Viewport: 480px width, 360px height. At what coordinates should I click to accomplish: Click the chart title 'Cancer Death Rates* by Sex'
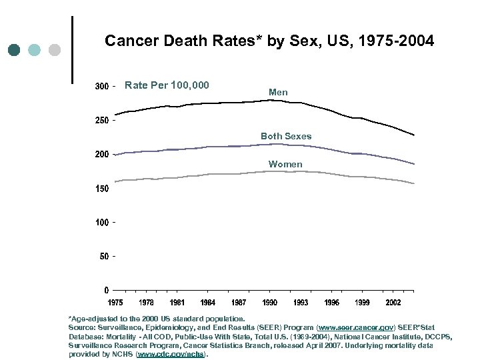[269, 41]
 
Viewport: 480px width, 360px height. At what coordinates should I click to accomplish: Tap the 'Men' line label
[278, 92]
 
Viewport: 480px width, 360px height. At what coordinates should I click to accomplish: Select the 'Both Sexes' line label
[286, 136]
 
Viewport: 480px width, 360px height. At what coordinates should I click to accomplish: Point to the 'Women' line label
[285, 164]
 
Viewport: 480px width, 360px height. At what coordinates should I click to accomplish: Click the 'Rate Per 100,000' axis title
[167, 85]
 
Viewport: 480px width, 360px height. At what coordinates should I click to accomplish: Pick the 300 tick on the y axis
[101, 87]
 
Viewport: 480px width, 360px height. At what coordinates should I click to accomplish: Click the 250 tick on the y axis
[101, 121]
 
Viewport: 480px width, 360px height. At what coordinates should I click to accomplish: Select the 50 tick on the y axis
[103, 256]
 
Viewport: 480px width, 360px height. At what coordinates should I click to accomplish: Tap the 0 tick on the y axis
[107, 290]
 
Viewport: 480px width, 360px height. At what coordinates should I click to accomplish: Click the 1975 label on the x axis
[115, 303]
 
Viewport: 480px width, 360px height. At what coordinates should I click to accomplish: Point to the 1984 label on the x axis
[208, 303]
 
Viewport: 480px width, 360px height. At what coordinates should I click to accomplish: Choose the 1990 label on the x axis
[270, 303]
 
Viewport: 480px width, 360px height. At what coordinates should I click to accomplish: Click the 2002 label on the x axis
[393, 303]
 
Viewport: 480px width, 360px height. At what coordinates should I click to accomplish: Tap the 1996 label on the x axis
[331, 303]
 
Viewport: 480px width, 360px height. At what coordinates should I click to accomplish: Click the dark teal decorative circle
[15, 50]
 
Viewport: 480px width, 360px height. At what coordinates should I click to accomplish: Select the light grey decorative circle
[55, 50]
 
